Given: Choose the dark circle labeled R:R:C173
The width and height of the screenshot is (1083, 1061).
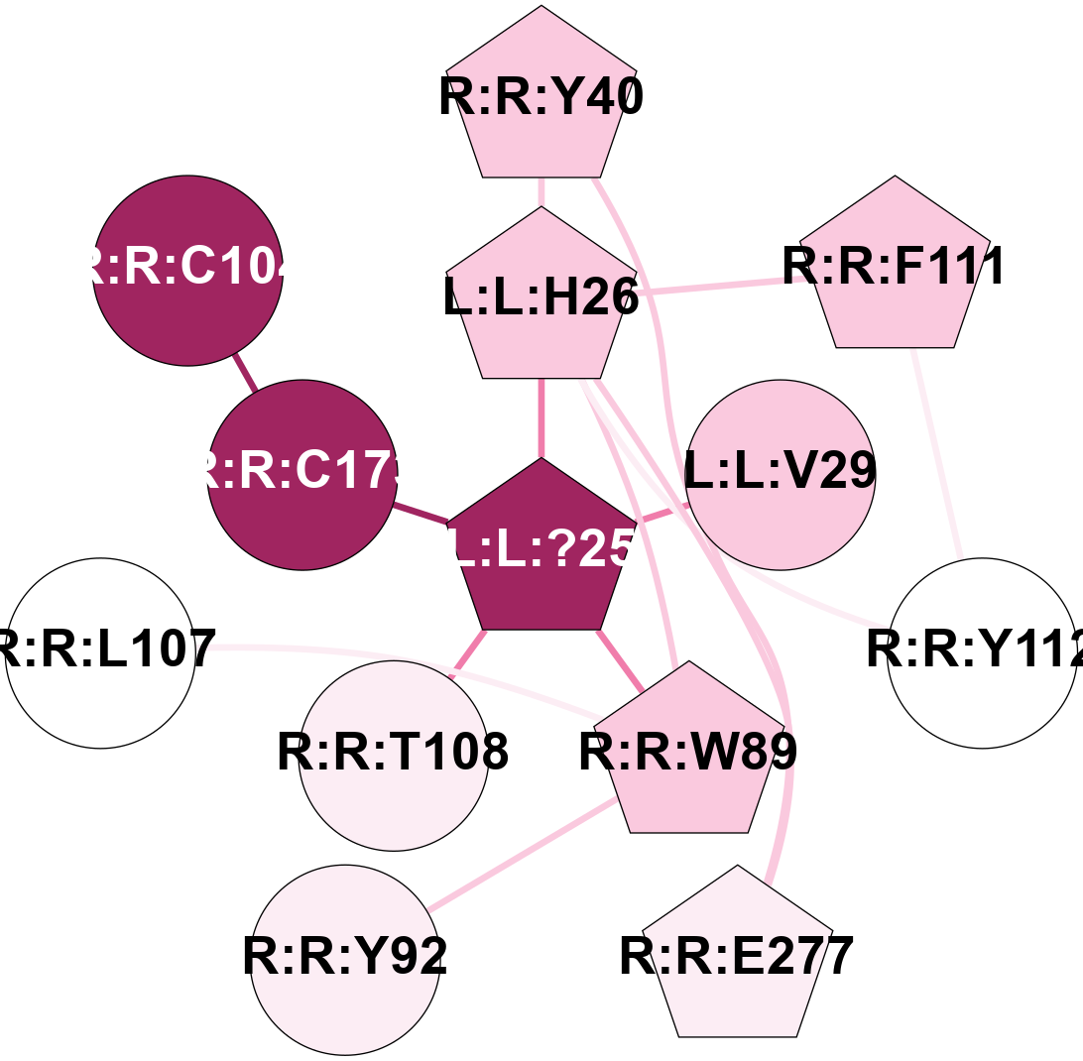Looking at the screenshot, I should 302,475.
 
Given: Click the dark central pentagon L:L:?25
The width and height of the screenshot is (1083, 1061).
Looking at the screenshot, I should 541,550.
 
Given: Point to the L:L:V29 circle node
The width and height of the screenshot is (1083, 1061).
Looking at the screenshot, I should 781,475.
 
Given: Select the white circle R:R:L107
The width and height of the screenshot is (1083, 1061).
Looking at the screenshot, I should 100,652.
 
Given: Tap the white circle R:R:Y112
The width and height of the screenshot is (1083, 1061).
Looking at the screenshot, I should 982,652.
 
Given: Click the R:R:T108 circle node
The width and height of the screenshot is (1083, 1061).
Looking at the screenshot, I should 394,755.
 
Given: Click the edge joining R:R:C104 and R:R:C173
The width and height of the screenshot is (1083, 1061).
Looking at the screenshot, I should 245,373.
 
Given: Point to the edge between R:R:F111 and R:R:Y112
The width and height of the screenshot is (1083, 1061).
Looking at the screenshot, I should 938,452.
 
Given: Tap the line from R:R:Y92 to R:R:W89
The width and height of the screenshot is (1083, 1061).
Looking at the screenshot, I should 521,855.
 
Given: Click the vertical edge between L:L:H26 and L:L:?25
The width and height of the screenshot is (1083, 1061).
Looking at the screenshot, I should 541,416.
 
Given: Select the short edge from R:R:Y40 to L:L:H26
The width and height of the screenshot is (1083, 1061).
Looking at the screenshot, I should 541,192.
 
